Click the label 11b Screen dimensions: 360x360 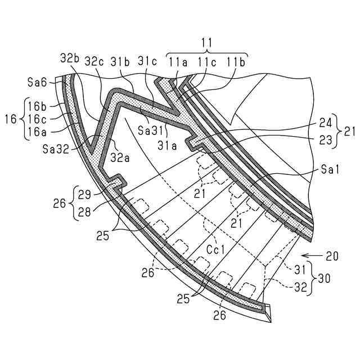[235, 61]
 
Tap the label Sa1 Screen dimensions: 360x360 [330, 168]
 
